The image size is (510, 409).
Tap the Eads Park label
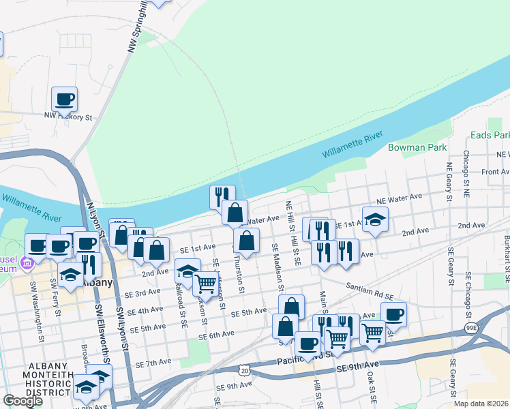(x=490, y=136)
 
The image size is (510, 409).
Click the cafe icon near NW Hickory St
(x=64, y=100)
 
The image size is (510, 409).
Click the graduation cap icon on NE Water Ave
(x=375, y=219)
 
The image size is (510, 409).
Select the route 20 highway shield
(x=254, y=369)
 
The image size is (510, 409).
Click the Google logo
(x=22, y=400)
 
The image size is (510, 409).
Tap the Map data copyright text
(x=481, y=404)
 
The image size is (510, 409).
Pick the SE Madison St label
(x=275, y=266)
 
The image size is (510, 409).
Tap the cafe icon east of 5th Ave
(x=393, y=315)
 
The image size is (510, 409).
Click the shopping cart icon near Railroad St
(x=205, y=283)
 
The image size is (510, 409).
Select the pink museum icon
(x=26, y=262)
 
